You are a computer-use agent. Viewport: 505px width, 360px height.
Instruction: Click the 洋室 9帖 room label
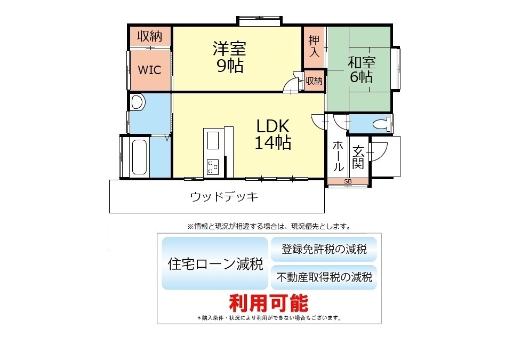pyautogui.click(x=229, y=57)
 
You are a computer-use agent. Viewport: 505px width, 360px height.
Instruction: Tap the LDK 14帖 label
pyautogui.click(x=273, y=134)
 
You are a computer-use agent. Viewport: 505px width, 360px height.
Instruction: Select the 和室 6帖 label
pyautogui.click(x=362, y=69)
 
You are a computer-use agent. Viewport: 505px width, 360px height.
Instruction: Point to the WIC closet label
pyautogui.click(x=149, y=70)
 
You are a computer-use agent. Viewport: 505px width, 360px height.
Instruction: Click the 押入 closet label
pyautogui.click(x=314, y=46)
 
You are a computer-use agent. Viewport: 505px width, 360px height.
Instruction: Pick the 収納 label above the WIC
pyautogui.click(x=150, y=36)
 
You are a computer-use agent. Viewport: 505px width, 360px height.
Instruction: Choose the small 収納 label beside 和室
pyautogui.click(x=314, y=81)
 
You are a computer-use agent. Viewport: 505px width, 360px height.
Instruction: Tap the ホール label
pyautogui.click(x=338, y=156)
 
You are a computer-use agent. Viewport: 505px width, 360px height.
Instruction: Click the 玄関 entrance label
pyautogui.click(x=358, y=157)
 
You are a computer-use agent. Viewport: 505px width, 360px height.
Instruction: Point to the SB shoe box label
pyautogui.click(x=348, y=182)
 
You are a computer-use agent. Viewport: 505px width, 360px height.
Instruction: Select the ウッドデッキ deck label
pyautogui.click(x=224, y=196)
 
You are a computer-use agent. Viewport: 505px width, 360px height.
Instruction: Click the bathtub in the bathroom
pyautogui.click(x=140, y=157)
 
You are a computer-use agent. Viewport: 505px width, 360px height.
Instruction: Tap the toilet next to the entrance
pyautogui.click(x=381, y=124)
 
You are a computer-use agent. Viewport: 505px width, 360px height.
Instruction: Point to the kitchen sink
pyautogui.click(x=213, y=141)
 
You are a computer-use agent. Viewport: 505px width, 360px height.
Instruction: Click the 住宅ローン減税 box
pyautogui.click(x=215, y=263)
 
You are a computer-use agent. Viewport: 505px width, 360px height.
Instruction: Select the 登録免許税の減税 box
pyautogui.click(x=324, y=249)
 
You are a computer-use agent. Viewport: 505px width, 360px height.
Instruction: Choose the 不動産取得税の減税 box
pyautogui.click(x=324, y=277)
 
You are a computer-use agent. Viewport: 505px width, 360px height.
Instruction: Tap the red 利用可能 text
pyautogui.click(x=269, y=303)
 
